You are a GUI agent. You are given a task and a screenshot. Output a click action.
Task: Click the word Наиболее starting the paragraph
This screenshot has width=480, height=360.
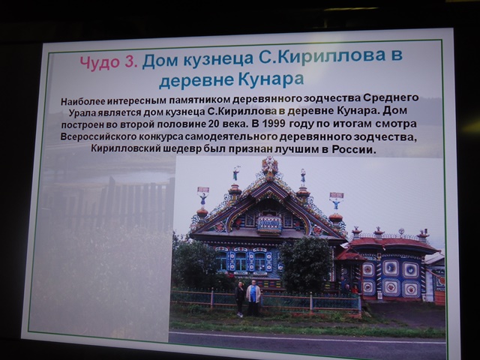pos(82,101)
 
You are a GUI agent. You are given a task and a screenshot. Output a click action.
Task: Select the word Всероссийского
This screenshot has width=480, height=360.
pos(98,136)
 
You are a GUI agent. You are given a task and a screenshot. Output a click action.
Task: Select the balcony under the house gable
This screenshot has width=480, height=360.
pos(269,224)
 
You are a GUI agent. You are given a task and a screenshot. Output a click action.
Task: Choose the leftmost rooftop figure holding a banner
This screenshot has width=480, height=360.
pos(203,196)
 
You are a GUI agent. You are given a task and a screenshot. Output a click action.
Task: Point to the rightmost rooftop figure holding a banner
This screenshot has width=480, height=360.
pos(337,200)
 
